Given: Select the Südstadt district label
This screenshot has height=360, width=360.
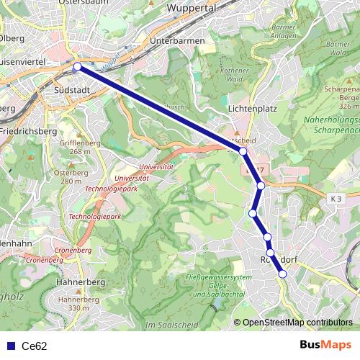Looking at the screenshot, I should click(71, 91).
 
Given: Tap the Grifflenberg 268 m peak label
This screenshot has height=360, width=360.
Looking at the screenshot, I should click(81, 147).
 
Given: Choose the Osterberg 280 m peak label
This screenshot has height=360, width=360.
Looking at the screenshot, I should click(71, 177).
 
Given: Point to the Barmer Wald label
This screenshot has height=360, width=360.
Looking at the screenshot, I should click(338, 48).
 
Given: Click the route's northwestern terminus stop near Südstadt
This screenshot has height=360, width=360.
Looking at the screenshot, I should click(77, 67).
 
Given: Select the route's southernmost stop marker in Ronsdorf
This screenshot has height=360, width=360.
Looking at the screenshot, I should click(282, 274).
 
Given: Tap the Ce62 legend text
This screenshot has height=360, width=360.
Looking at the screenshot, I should click(34, 346).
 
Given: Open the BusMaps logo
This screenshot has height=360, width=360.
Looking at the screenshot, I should click(325, 345).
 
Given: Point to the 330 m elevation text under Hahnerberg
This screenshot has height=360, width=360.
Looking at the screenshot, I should click(80, 308).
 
